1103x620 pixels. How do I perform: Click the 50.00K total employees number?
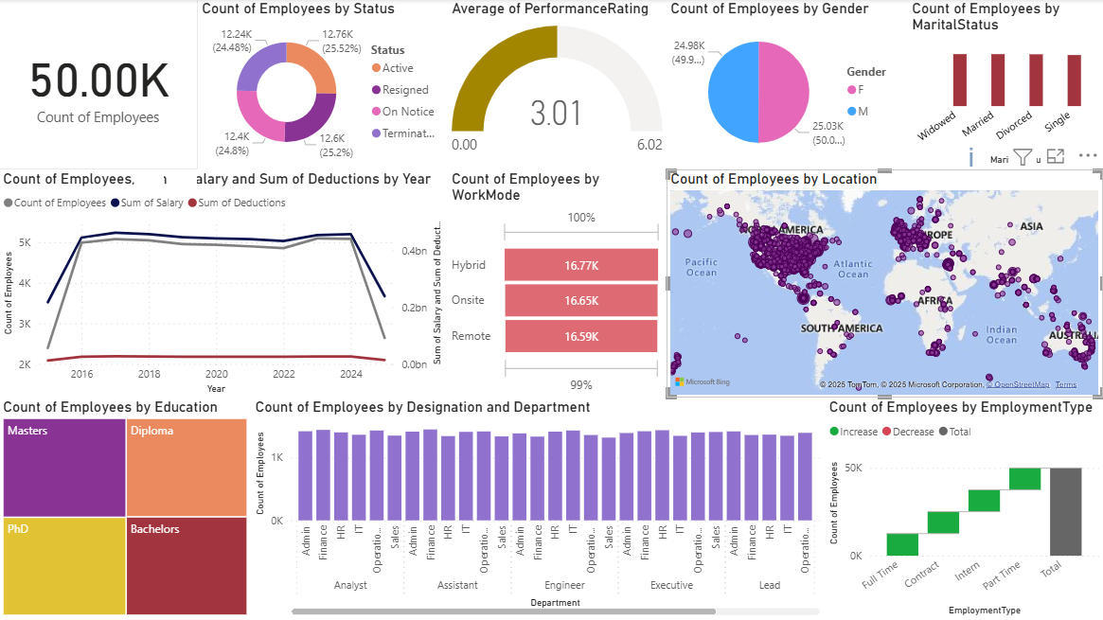point(99,82)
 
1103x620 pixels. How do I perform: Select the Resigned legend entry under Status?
point(404,90)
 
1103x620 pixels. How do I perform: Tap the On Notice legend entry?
point(407,112)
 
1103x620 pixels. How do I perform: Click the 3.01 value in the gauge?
point(556,114)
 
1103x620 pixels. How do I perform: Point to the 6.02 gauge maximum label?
point(649,145)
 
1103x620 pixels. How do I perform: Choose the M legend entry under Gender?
point(862,112)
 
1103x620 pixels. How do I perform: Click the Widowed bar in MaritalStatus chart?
point(960,80)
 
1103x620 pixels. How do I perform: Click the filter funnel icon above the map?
point(1023,157)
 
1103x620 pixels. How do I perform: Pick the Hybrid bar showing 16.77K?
point(581,265)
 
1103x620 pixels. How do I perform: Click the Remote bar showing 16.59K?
point(581,336)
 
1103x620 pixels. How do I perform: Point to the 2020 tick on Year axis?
point(217,375)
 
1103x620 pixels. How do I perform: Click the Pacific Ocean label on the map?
point(702,268)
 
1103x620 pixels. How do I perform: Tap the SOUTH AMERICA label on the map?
point(841,328)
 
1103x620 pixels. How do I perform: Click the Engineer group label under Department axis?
point(564,585)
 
